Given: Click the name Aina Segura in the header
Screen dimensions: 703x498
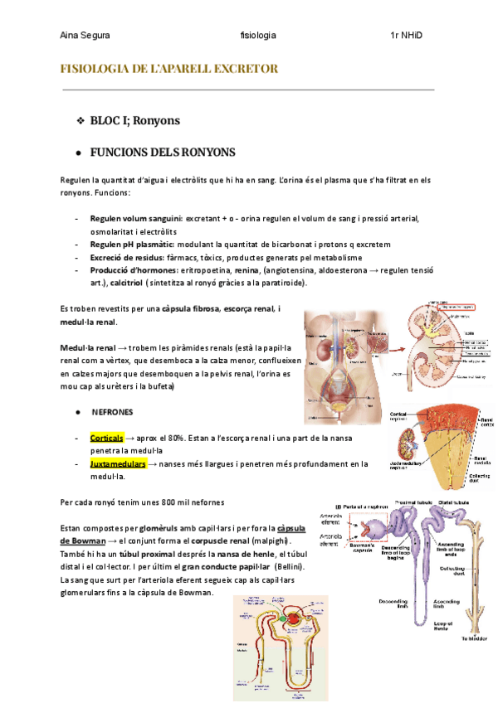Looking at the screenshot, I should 85,36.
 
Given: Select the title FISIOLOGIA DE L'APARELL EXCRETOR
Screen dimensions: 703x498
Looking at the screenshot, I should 169,68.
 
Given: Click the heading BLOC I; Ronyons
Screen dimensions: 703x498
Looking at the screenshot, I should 134,121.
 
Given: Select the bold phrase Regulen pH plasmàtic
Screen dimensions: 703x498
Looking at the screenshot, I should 133,245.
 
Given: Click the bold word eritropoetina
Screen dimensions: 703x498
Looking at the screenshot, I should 207,270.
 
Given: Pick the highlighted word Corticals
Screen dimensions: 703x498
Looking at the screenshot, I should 106,436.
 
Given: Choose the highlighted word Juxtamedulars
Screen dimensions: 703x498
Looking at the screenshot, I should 118,463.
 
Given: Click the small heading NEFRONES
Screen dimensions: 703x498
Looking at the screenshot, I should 110,410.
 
